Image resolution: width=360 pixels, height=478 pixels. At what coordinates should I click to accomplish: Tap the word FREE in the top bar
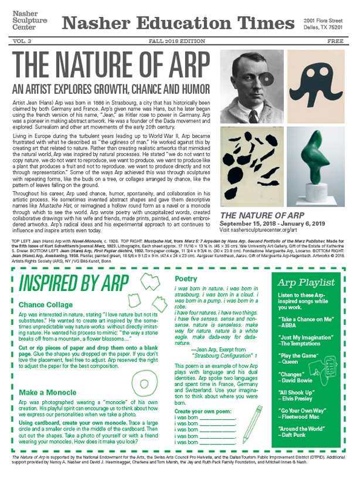[335, 42]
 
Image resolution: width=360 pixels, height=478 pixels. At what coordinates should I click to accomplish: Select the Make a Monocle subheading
[50, 392]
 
